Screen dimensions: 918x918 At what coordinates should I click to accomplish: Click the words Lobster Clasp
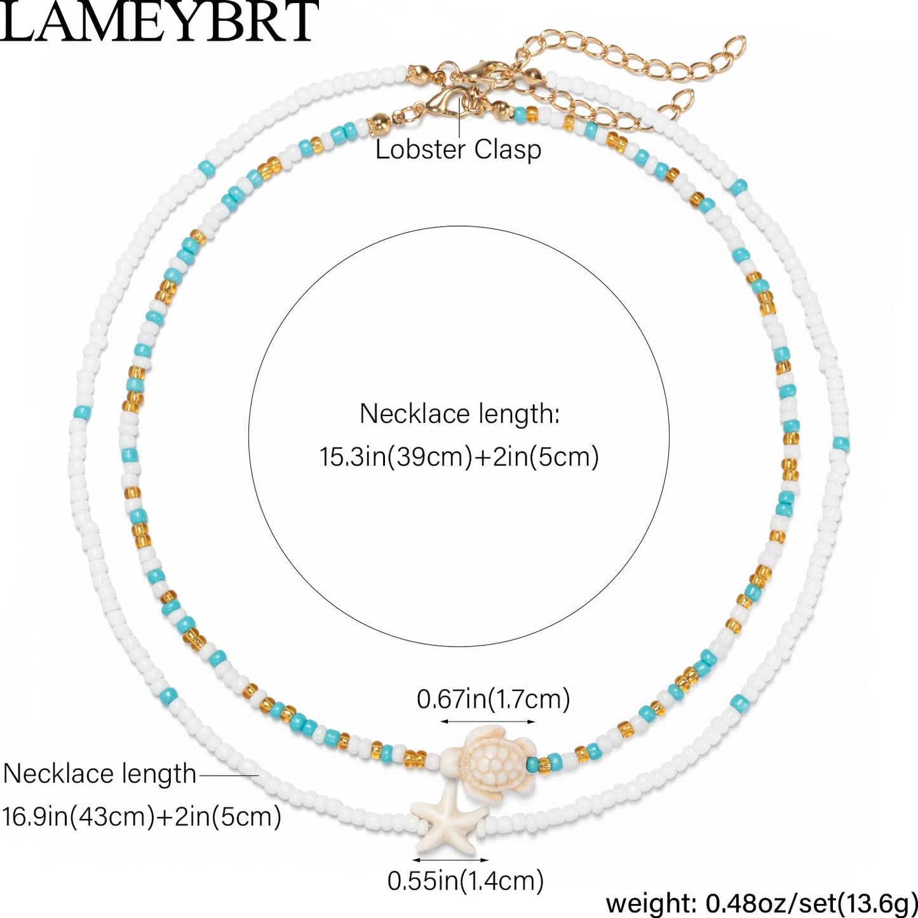[x=458, y=149]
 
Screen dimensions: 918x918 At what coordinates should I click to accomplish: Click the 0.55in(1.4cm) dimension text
[x=466, y=881]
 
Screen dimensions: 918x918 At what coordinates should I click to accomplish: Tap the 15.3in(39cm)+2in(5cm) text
[x=459, y=457]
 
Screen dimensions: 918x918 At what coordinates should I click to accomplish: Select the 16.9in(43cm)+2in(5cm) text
[x=142, y=817]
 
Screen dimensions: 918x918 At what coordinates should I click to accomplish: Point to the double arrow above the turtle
[x=487, y=722]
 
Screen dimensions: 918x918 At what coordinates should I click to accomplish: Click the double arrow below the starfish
[x=450, y=860]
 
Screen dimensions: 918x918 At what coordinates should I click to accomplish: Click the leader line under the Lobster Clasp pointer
[x=459, y=117]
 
